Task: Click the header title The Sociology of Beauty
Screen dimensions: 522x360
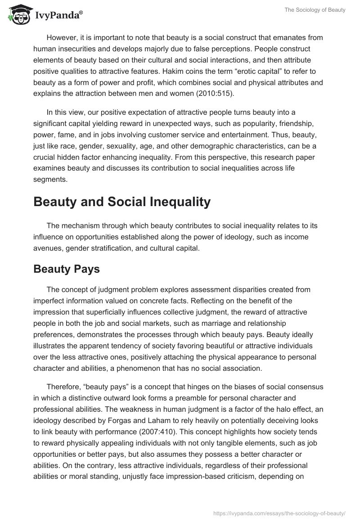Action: pyautogui.click(x=315, y=10)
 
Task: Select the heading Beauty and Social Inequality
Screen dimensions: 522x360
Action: pyautogui.click(x=122, y=202)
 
